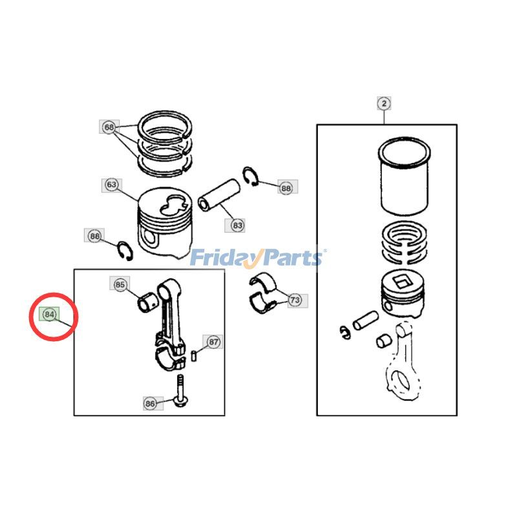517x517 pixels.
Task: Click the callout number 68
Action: pos(108,127)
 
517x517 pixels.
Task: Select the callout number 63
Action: pos(111,185)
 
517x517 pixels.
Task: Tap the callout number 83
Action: pos(237,225)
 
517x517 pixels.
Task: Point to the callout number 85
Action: pos(120,284)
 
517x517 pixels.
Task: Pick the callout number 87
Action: pos(213,342)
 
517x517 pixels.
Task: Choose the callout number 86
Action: pos(150,403)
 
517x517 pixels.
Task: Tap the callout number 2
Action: pos(384,103)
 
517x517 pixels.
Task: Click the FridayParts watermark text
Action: pos(257,258)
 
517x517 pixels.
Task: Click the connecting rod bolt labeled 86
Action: pos(179,392)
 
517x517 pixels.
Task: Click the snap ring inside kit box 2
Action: pos(344,332)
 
